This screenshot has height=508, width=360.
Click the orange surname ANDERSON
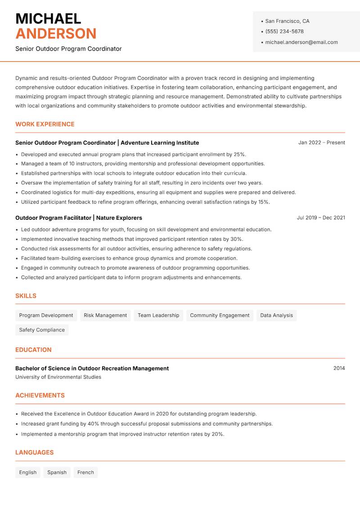(56, 34)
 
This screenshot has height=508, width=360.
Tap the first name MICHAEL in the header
(48, 18)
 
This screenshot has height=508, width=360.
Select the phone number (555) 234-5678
(284, 31)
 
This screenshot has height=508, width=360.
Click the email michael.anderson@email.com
(301, 42)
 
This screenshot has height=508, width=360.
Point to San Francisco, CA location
(287, 21)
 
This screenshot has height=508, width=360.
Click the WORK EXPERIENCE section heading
(45, 124)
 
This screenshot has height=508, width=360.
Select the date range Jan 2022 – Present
(321, 143)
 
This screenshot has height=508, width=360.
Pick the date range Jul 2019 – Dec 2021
(321, 218)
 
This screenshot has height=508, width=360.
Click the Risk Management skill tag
(105, 316)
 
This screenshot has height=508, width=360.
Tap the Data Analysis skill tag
(276, 316)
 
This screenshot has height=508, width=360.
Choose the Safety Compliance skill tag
(42, 330)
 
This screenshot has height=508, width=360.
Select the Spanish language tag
(57, 472)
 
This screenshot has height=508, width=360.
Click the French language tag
(85, 472)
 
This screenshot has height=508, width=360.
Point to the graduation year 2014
(339, 368)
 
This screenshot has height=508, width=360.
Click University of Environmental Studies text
(58, 377)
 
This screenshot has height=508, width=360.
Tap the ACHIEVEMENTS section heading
(40, 396)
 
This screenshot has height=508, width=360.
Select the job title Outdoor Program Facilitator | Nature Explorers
(79, 218)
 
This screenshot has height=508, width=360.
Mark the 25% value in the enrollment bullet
(239, 154)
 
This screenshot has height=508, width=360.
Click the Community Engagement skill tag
(220, 316)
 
